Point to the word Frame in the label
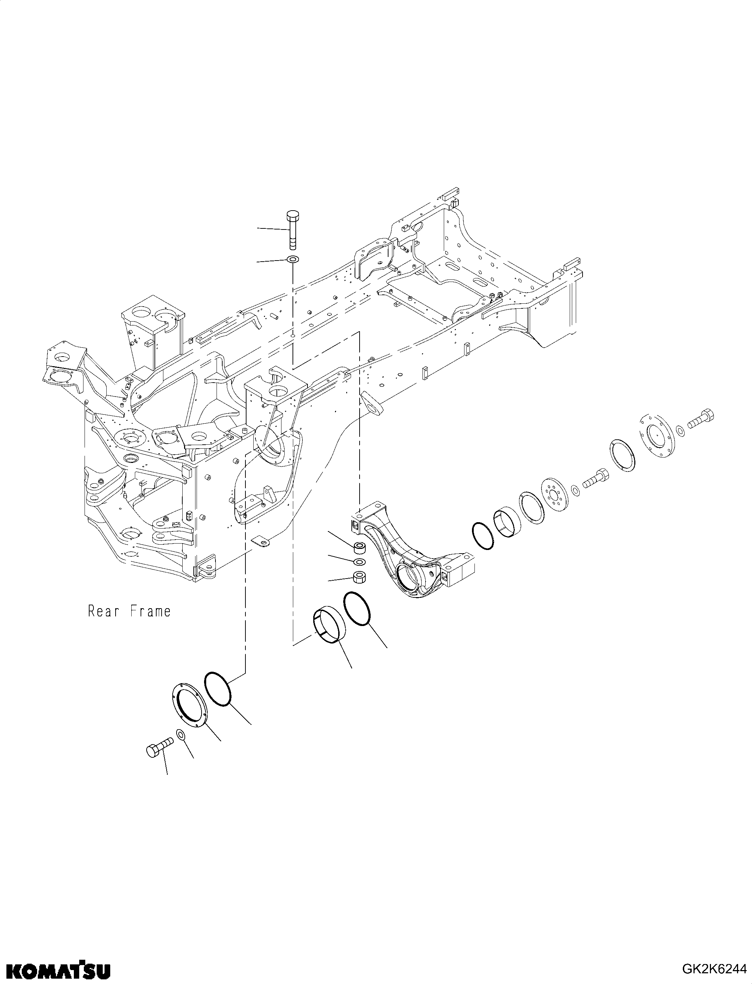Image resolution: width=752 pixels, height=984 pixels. [x=151, y=611]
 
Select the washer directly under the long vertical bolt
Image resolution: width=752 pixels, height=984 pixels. [x=293, y=259]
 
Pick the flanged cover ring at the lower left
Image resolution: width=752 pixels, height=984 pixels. [x=188, y=708]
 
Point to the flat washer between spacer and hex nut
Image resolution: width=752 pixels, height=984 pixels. [x=359, y=562]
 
